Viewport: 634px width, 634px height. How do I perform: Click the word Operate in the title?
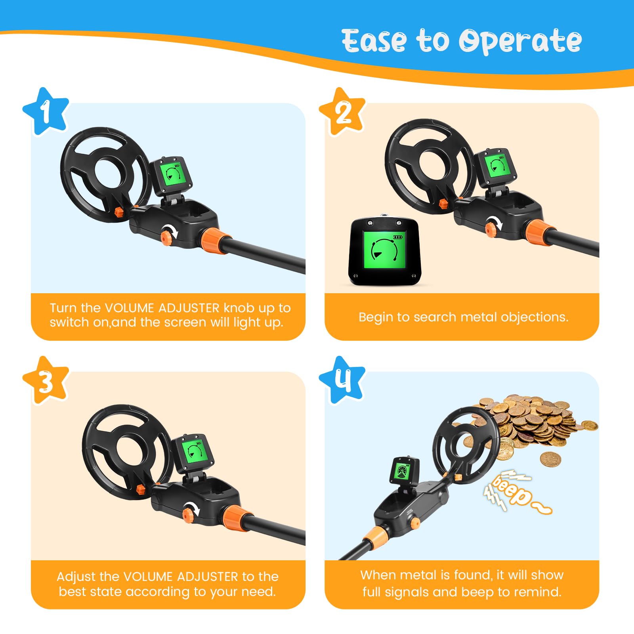(520, 41)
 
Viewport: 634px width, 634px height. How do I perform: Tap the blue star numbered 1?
(46, 111)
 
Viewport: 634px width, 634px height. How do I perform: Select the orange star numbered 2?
(342, 111)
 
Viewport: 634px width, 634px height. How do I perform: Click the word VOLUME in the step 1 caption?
(129, 308)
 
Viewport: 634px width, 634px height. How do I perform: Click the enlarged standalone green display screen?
(384, 250)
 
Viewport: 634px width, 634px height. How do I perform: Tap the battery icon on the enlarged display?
(397, 237)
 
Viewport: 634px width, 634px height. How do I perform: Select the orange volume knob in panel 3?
(188, 514)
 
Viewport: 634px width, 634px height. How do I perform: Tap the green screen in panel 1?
(173, 173)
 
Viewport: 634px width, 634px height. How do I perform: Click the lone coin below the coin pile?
(551, 459)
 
